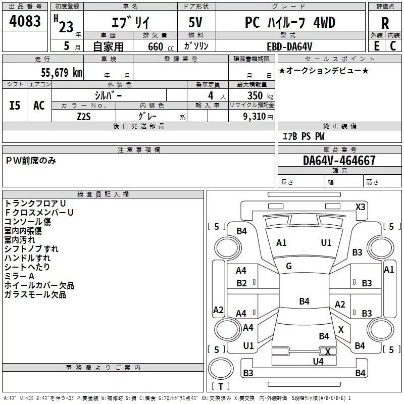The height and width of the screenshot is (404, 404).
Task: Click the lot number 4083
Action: click(x=25, y=21)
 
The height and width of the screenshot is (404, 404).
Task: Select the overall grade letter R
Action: click(x=385, y=23)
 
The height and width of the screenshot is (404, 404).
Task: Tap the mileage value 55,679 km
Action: click(x=62, y=72)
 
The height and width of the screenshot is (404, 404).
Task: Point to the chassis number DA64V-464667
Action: click(x=339, y=161)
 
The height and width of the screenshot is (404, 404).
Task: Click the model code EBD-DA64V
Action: click(x=289, y=46)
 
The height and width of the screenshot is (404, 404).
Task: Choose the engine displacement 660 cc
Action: click(x=161, y=46)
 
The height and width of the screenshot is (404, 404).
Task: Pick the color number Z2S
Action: click(x=84, y=117)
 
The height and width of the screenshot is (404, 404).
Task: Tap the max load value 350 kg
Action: click(x=260, y=95)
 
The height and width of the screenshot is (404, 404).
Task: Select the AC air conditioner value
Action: click(x=39, y=106)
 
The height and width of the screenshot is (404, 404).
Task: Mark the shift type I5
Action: click(x=15, y=106)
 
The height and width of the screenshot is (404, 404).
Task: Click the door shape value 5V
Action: click(x=195, y=22)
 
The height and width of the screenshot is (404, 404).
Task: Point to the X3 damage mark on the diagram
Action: click(x=360, y=207)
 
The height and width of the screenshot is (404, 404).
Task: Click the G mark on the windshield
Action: click(x=289, y=266)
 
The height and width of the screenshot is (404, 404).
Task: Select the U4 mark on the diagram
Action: click(x=318, y=362)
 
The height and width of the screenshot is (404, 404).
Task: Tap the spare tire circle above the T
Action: click(x=221, y=369)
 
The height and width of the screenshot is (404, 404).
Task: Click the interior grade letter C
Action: click(x=393, y=46)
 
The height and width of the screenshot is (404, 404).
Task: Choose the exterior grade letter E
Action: click(x=376, y=46)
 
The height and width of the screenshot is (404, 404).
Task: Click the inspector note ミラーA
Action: click(x=19, y=276)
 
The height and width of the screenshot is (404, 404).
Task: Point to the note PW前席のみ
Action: click(x=31, y=161)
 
